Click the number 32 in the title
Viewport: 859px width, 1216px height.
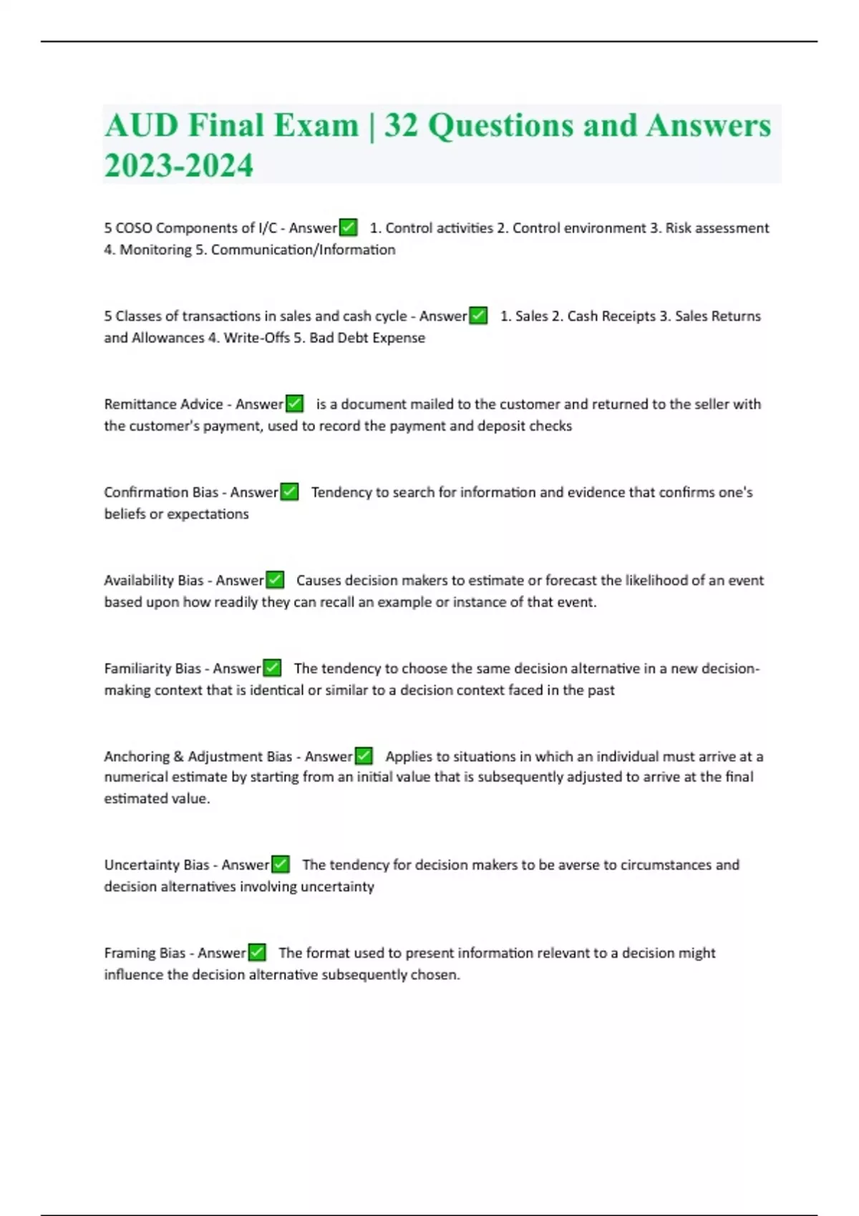(402, 126)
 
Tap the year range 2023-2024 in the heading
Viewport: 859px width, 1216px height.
(179, 165)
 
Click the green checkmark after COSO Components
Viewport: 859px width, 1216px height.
(348, 227)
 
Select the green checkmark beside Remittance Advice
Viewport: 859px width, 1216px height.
(294, 404)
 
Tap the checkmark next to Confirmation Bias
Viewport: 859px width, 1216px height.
(289, 492)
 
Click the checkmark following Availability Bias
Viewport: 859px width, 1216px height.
(275, 580)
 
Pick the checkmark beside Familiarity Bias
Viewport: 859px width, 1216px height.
(272, 668)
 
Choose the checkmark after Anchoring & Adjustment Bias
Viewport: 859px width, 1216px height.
(364, 756)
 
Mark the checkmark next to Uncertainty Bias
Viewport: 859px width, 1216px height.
(281, 865)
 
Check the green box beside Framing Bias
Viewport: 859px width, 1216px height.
(257, 953)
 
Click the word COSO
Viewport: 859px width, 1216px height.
(134, 228)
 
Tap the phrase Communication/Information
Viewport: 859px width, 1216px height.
(303, 250)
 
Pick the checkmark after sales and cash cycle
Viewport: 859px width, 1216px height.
(478, 315)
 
